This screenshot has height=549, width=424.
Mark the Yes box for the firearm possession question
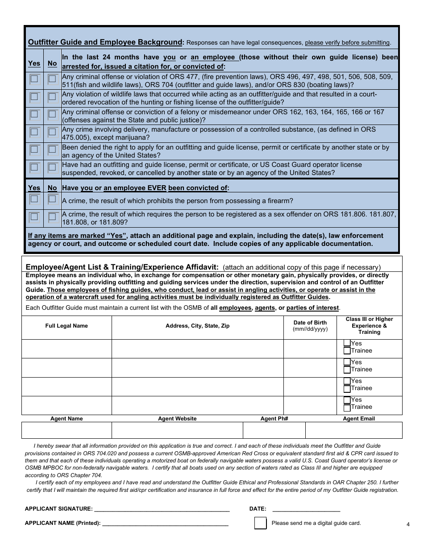click(34, 199)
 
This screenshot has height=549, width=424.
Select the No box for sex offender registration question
click(52, 217)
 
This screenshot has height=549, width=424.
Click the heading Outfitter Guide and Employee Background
click(105, 42)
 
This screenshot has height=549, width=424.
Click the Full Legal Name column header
click(67, 326)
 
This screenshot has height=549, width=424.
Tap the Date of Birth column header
click(310, 325)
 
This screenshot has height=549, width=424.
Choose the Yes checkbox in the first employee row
click(347, 343)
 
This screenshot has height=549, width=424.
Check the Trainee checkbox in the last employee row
click(347, 407)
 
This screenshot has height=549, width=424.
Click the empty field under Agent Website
click(177, 430)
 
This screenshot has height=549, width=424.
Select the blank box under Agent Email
click(353, 430)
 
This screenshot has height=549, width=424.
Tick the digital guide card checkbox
click(260, 523)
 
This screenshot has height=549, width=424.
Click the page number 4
click(408, 524)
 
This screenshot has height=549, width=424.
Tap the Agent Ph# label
click(274, 419)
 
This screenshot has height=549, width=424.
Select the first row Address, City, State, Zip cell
click(197, 349)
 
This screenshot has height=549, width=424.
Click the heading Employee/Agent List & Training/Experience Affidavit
click(122, 267)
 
